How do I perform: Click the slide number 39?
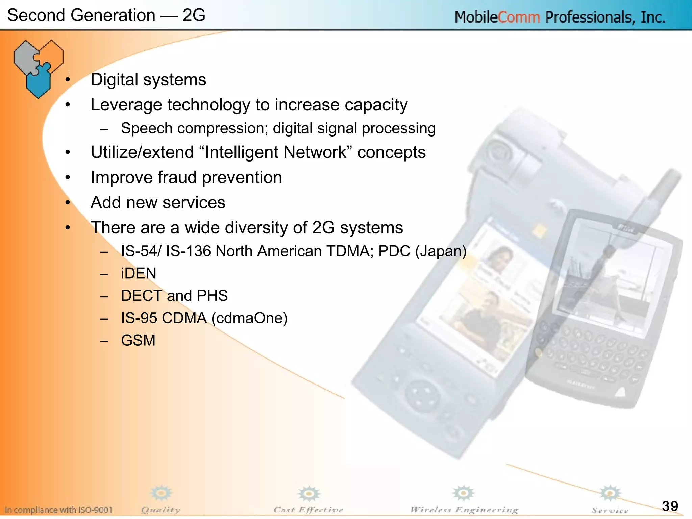coord(670,506)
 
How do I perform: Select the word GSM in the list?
coord(138,340)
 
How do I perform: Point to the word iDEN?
coord(139,273)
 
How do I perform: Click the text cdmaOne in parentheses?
coord(249,318)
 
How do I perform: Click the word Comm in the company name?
coord(519,17)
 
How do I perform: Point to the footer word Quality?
coord(160,510)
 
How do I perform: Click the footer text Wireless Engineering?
coord(464,510)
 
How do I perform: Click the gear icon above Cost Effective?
coord(308,494)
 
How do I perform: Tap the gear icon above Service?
coord(610,493)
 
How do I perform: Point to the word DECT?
coord(141,296)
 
